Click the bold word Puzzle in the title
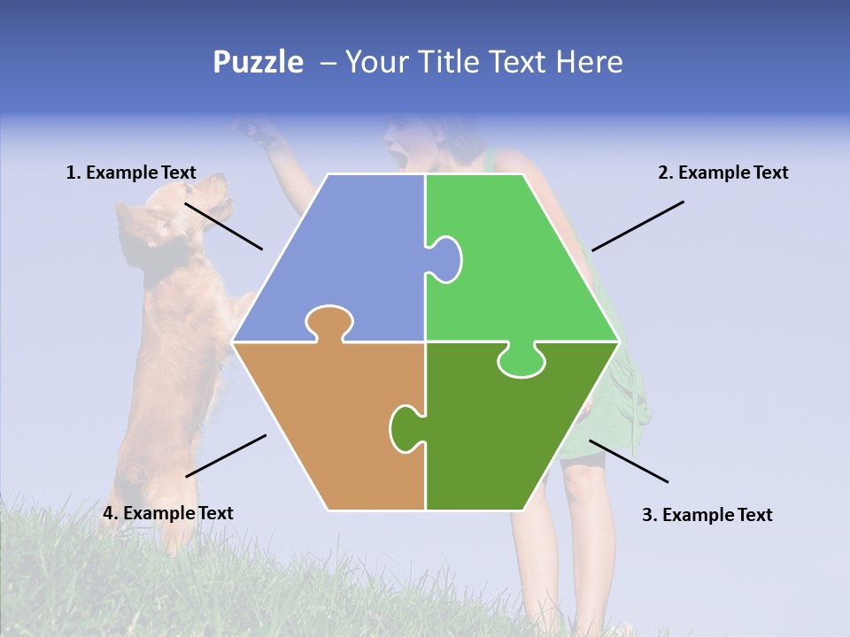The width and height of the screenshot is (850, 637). click(x=258, y=63)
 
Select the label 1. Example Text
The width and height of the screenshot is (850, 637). click(x=131, y=173)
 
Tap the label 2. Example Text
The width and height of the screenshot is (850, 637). click(x=722, y=173)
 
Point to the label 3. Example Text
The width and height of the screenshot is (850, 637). click(x=707, y=515)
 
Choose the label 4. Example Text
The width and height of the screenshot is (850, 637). click(x=167, y=513)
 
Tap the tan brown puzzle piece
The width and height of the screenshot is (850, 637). click(x=328, y=425)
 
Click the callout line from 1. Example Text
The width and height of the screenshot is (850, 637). click(x=223, y=226)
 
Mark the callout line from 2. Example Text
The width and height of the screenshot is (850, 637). click(x=637, y=226)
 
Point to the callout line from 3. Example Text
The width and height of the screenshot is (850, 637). click(x=629, y=461)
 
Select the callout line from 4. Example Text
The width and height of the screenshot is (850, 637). click(x=226, y=456)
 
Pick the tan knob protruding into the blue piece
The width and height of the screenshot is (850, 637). click(x=328, y=322)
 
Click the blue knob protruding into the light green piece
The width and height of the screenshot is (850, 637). click(x=445, y=258)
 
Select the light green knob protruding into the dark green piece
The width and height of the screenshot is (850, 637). click(x=521, y=361)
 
